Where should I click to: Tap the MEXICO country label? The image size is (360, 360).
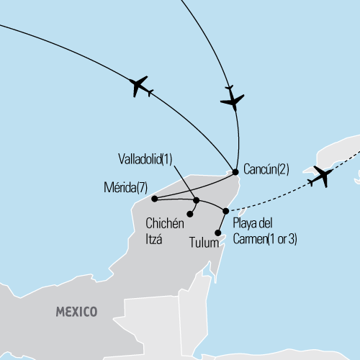pyautogui.click(x=77, y=312)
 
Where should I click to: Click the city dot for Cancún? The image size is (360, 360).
pyautogui.click(x=235, y=171)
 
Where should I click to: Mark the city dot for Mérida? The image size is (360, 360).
pyautogui.click(x=154, y=199)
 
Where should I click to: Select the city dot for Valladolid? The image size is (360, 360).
pyautogui.click(x=197, y=199)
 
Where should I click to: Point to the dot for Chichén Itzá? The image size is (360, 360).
pyautogui.click(x=190, y=214)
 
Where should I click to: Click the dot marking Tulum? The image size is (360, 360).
pyautogui.click(x=218, y=232)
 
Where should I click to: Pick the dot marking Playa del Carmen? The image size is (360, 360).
pyautogui.click(x=226, y=211)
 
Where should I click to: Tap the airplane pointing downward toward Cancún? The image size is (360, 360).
pyautogui.click(x=232, y=99)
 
